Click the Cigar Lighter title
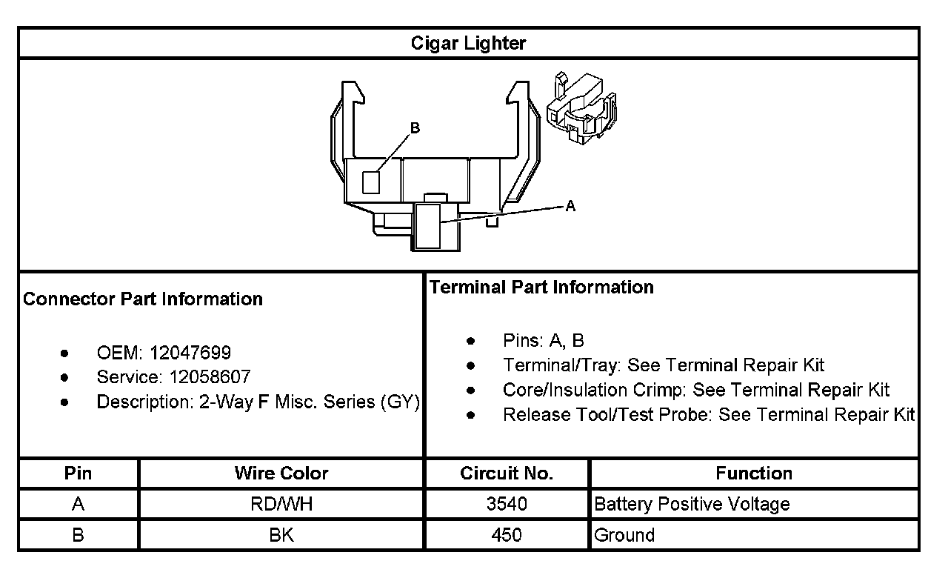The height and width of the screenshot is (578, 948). pos(468,43)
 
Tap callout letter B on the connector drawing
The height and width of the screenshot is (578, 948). pos(415,128)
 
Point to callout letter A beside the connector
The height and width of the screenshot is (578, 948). pos(570,207)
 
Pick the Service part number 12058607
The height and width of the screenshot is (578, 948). pos(210,376)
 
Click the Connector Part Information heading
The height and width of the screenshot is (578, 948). pos(143,299)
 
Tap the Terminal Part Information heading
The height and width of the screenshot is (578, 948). pos(541,287)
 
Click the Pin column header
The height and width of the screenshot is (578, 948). pos(79,473)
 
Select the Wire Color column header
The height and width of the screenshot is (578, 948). pos(281,473)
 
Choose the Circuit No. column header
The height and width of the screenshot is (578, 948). pos(507,473)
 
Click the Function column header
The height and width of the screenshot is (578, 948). pos(754,473)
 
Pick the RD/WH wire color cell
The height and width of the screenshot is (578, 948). pos(281,505)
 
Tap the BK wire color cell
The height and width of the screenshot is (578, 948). pos(281,535)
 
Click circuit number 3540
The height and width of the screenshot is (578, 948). pos(507,505)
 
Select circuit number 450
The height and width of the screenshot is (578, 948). pos(507,535)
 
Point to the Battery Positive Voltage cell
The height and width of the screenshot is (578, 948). pos(692,505)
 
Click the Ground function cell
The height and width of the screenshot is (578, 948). pos(624,535)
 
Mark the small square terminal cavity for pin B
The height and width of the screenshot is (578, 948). pos(371,182)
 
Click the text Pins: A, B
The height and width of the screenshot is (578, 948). pos(543,341)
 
